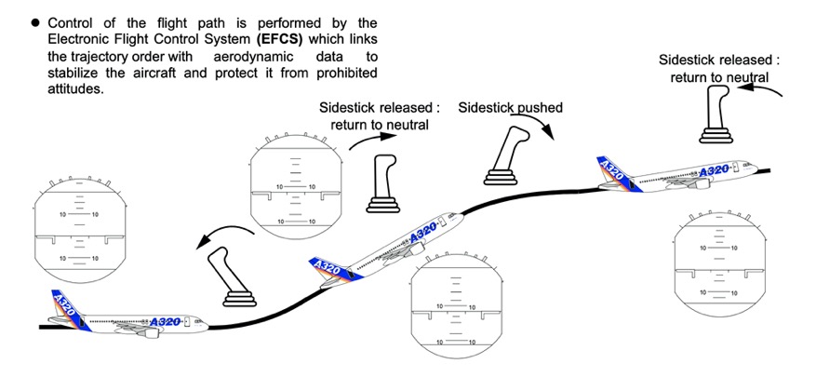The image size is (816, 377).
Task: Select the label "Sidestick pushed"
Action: [x=510, y=108]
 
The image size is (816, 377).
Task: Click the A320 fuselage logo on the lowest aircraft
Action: [x=165, y=319]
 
